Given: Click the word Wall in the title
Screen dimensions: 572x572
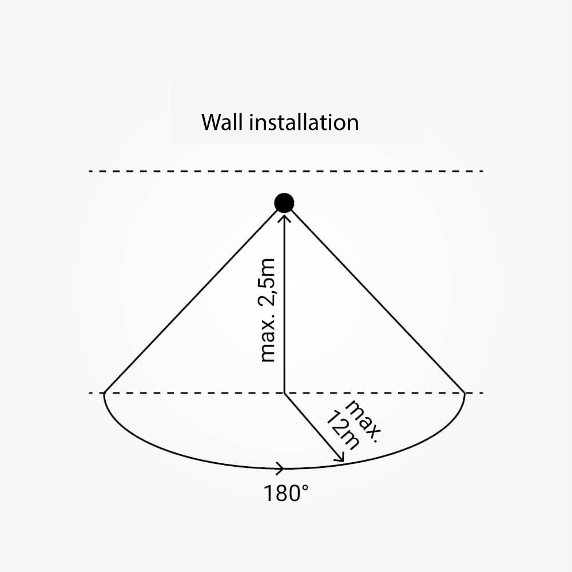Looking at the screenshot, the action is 222,122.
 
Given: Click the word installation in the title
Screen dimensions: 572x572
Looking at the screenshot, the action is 304,122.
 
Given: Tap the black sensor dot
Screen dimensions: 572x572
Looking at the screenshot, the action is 284,203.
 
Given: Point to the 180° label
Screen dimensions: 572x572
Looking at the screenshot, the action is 286,493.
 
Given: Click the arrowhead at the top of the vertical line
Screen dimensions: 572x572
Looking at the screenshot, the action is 284,217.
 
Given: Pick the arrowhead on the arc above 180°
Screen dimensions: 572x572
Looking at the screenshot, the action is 281,468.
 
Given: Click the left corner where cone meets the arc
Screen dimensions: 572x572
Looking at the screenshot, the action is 104,394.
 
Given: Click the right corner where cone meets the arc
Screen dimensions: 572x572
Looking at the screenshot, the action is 464,394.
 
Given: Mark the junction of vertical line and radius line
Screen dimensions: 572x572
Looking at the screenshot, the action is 284,394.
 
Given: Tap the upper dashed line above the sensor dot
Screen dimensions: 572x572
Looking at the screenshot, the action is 286,171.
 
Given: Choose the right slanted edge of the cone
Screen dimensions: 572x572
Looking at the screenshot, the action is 378,301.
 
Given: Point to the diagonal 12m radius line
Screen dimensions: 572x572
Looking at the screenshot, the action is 313,428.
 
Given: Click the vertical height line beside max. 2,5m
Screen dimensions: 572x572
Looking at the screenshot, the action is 284,304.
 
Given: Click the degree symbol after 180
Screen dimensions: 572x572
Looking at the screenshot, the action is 305,488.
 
